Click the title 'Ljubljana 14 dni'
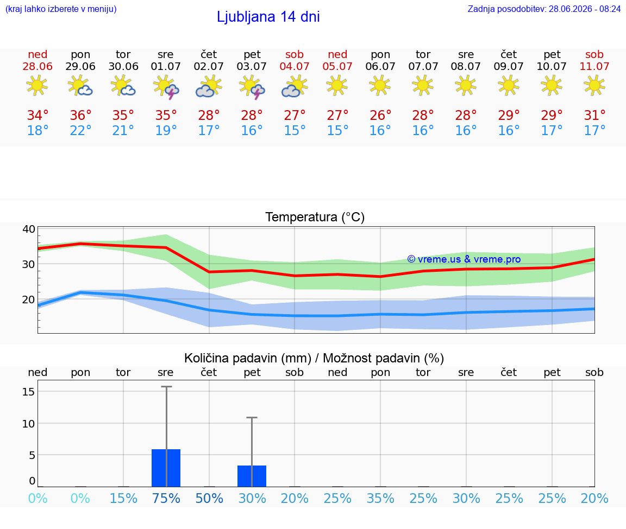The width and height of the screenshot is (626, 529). (x=268, y=17)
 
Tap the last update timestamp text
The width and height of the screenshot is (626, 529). (x=544, y=9)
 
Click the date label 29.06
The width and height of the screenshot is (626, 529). (x=80, y=66)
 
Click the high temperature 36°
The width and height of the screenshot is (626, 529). (x=80, y=115)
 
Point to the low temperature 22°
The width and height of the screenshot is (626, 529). (x=80, y=130)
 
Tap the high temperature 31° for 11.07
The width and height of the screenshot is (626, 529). (x=594, y=115)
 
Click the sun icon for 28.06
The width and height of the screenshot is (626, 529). (x=37, y=85)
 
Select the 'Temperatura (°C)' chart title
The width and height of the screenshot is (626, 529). (x=315, y=217)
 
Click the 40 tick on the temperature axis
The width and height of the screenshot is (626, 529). (x=29, y=229)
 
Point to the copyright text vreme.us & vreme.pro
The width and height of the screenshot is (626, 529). (x=464, y=259)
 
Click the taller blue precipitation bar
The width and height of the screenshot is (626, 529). (x=166, y=468)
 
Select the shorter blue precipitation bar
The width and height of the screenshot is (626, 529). (x=252, y=476)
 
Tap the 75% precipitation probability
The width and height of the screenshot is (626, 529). (x=166, y=498)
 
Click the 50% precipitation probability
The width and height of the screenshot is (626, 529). (x=209, y=498)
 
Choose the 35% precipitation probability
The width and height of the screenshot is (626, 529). (x=380, y=498)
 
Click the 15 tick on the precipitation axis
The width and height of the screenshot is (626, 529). (x=29, y=392)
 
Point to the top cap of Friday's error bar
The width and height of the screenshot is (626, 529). (x=252, y=417)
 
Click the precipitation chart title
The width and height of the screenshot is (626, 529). (x=314, y=358)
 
